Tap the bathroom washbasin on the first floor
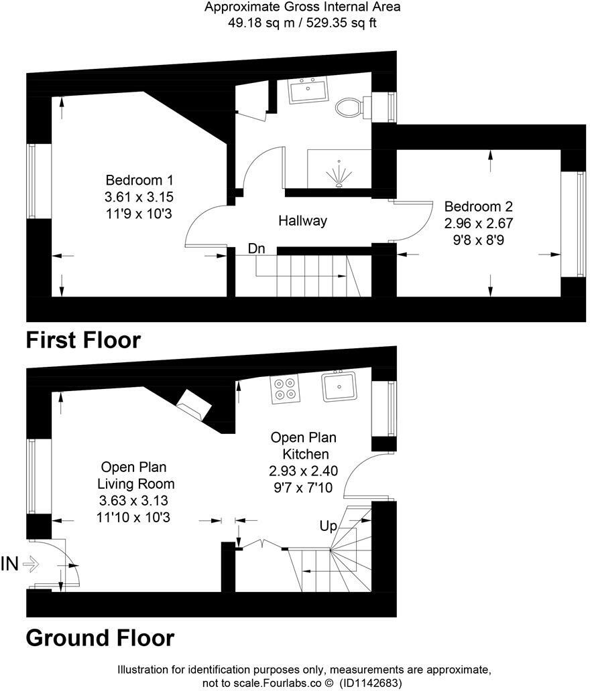(x=310, y=89)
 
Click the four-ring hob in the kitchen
(x=284, y=388)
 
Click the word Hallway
(x=303, y=220)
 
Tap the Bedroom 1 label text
(x=139, y=180)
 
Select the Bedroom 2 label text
(x=478, y=206)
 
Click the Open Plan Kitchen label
(x=303, y=445)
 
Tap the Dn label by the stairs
(x=256, y=248)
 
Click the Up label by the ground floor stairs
(x=328, y=526)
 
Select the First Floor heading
(x=83, y=340)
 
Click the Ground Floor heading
(x=100, y=637)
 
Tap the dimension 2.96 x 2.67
(x=478, y=223)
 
